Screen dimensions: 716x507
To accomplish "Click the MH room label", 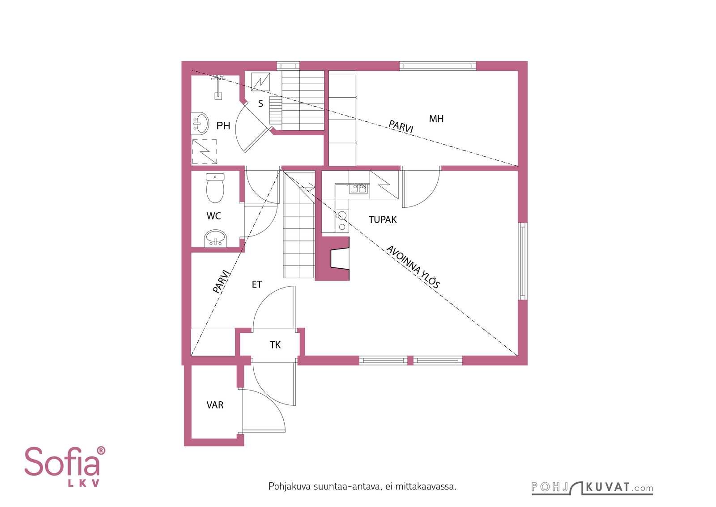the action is click(x=436, y=119).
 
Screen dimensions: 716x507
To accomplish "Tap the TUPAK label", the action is click(x=382, y=219).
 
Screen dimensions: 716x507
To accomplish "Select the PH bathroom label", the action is click(x=223, y=126).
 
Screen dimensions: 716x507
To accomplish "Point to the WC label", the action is click(x=213, y=216).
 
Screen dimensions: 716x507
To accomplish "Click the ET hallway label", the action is click(x=257, y=284).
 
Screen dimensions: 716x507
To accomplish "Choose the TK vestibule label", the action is click(x=275, y=345).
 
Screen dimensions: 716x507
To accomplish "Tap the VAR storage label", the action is click(x=215, y=405).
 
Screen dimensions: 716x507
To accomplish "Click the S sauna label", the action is click(x=260, y=103).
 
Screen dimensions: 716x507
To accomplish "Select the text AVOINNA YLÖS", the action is click(x=413, y=267).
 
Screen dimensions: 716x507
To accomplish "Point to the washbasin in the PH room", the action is click(x=200, y=123).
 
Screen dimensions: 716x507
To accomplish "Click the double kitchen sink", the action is click(x=358, y=189).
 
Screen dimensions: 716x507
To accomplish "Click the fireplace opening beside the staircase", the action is click(x=340, y=258).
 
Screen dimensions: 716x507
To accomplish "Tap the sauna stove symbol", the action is click(x=260, y=82).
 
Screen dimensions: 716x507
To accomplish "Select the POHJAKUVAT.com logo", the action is click(x=592, y=488).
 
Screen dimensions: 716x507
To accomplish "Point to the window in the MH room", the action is click(x=438, y=66).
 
